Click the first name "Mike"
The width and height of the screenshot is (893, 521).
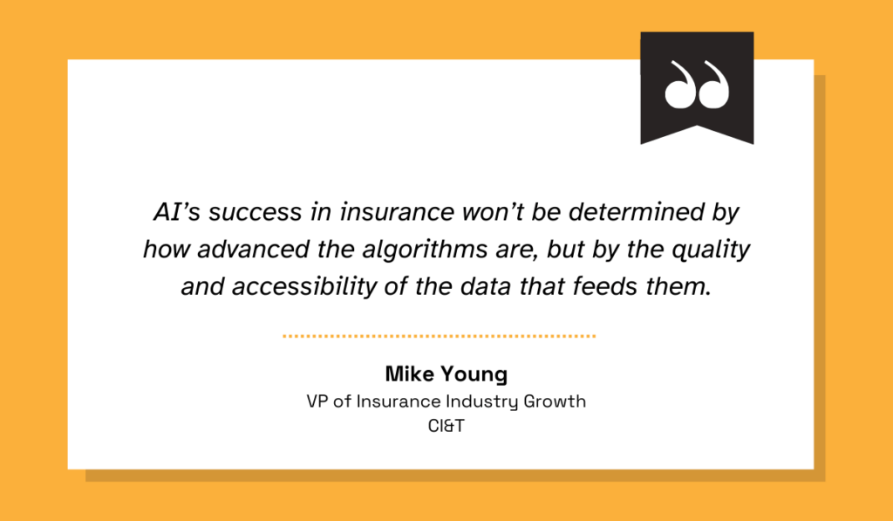click(410, 375)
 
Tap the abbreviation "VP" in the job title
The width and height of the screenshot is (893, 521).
click(317, 401)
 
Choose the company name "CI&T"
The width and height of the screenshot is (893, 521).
click(446, 427)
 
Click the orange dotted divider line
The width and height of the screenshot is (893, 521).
click(440, 335)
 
